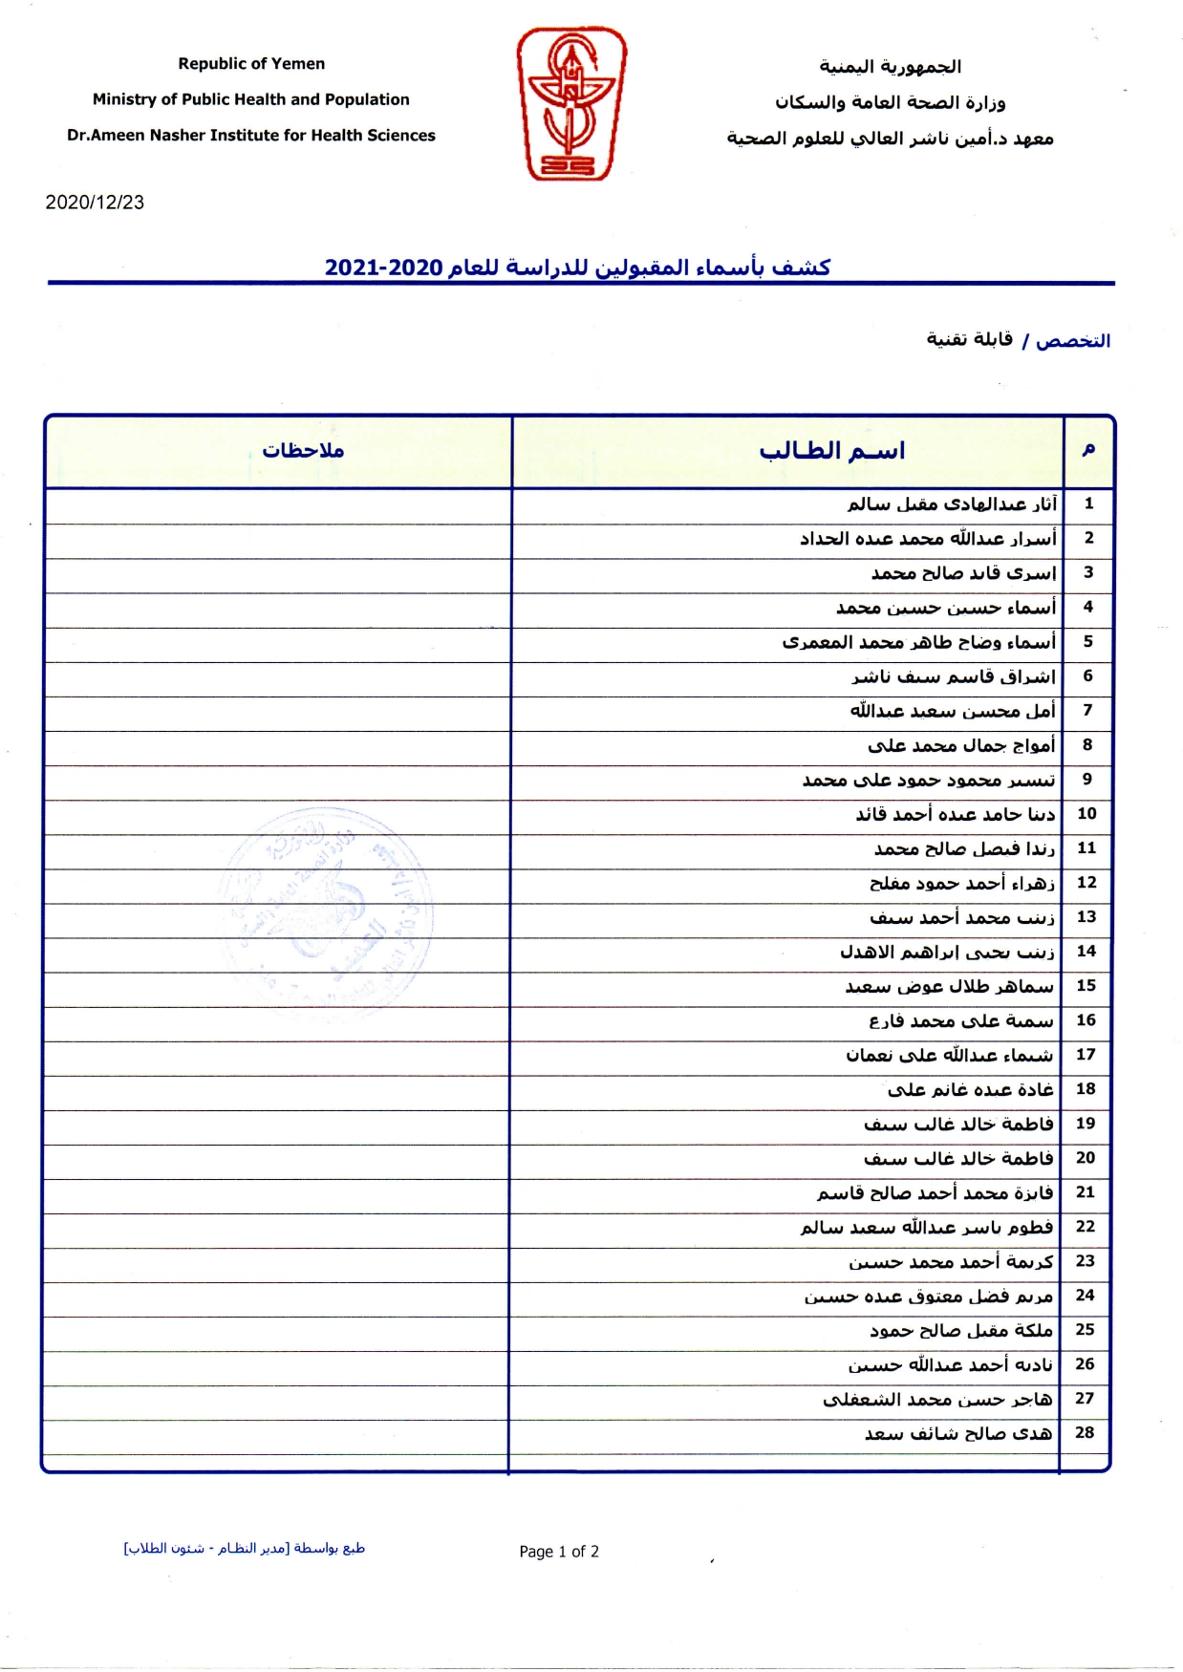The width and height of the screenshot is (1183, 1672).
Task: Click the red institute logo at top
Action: [571, 103]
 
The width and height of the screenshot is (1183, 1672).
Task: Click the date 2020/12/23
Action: [95, 203]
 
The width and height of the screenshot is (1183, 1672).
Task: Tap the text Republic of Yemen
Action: [251, 64]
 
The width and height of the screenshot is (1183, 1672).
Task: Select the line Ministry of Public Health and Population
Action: [250, 99]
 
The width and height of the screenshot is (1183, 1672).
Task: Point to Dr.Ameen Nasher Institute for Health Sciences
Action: [250, 136]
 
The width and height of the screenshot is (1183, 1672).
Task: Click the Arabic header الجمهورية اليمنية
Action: [890, 67]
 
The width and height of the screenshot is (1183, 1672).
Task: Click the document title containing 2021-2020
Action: [577, 268]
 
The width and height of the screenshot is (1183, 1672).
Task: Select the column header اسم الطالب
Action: [831, 451]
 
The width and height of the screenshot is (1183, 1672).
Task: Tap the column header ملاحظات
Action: [303, 451]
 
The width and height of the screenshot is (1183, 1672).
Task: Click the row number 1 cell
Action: [1088, 504]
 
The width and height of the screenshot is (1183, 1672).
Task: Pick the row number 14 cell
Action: [1086, 951]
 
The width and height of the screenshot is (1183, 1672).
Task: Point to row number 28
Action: [1085, 1432]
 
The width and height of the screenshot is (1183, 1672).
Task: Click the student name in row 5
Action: [919, 642]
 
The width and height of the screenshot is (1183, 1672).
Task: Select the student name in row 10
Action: [956, 814]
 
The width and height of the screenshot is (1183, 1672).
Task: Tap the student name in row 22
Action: [927, 1227]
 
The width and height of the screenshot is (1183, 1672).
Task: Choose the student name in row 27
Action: [937, 1399]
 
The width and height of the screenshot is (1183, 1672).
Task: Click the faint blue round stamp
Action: [325, 908]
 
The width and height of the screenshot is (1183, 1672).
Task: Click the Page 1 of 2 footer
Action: [559, 1552]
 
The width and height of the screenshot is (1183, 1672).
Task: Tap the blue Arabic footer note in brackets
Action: [245, 1548]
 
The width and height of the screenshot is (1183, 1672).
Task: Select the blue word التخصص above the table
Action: [1073, 341]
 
